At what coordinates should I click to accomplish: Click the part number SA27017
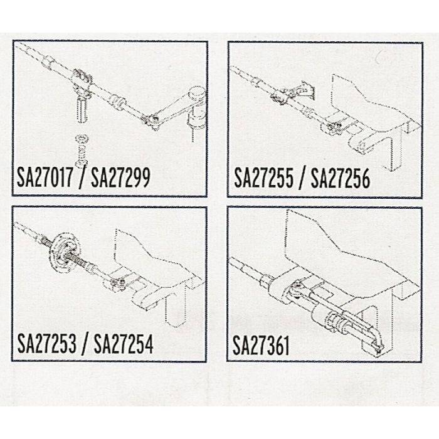point(47,179)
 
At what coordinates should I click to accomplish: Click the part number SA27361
point(261,346)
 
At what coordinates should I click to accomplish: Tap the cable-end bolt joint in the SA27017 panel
point(151,119)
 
